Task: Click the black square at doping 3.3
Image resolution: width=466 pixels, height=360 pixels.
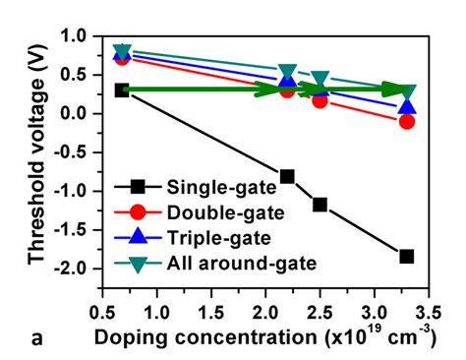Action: [x=406, y=257]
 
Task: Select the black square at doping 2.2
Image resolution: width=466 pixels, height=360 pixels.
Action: [x=287, y=176]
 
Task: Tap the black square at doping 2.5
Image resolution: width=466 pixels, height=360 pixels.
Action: [x=320, y=205]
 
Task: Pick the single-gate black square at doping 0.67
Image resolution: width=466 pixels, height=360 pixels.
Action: [x=122, y=90]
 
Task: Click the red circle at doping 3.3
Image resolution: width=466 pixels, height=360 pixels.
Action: [x=406, y=121]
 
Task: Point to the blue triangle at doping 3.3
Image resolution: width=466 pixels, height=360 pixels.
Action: [x=406, y=106]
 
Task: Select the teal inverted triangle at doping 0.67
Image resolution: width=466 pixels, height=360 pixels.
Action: [x=122, y=52]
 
